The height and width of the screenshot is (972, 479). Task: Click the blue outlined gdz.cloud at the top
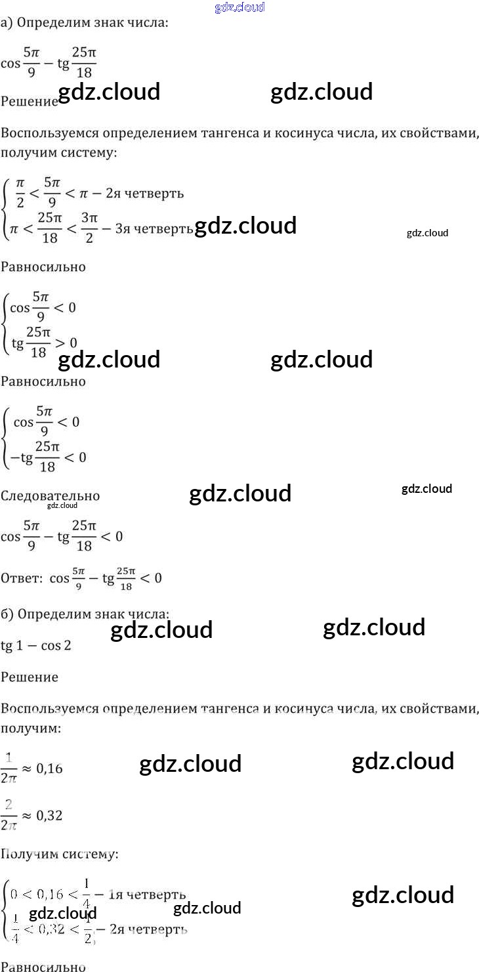point(239,7)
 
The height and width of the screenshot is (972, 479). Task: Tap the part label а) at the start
point(7,23)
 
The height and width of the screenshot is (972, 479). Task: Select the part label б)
point(7,615)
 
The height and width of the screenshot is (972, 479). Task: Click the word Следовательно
point(50,496)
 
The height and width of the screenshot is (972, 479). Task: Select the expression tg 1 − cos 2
point(36,645)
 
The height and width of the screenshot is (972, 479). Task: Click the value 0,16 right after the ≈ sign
point(49,768)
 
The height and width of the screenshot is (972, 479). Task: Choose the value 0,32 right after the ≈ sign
point(49,815)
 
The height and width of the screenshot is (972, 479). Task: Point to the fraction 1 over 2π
point(9,767)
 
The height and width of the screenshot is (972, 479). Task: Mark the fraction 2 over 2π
point(9,814)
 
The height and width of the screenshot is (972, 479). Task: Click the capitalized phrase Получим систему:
point(60,854)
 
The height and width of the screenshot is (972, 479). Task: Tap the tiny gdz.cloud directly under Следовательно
point(62,505)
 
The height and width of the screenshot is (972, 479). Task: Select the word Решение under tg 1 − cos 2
point(30,677)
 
